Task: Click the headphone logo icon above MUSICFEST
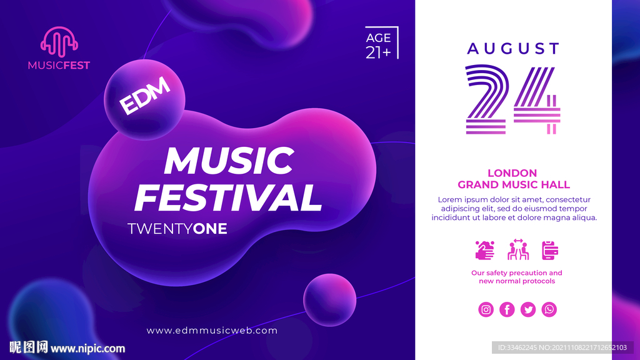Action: click(x=59, y=42)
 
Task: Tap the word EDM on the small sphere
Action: click(x=145, y=96)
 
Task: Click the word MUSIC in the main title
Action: click(x=229, y=161)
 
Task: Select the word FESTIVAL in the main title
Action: click(x=228, y=197)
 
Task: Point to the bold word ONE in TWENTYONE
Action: click(x=210, y=229)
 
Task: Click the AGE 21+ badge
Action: click(x=382, y=43)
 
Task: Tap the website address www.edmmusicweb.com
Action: click(x=212, y=331)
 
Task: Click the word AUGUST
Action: click(x=514, y=49)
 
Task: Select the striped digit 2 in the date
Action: click(x=486, y=99)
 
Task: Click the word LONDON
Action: click(x=512, y=173)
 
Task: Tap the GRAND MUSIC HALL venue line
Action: click(x=514, y=185)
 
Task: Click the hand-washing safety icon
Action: click(x=485, y=250)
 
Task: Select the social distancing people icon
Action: click(x=518, y=249)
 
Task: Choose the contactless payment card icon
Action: click(x=550, y=250)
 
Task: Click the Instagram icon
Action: click(x=486, y=309)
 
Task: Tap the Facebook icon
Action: click(x=507, y=309)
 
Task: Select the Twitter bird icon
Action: click(x=527, y=309)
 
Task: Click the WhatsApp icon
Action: click(x=549, y=309)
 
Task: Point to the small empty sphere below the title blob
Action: click(x=330, y=300)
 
